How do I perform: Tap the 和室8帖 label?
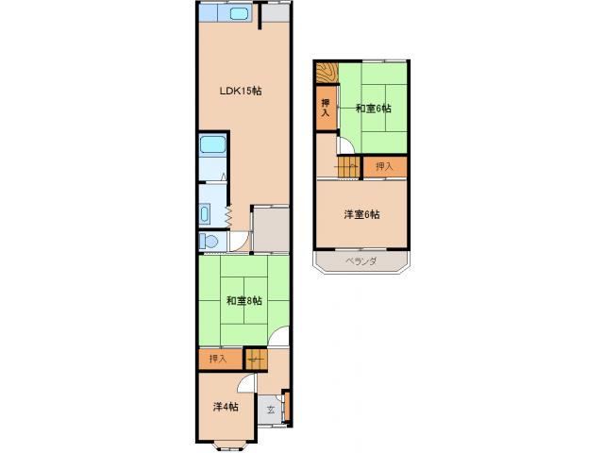click(x=243, y=301)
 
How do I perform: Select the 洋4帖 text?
click(x=225, y=407)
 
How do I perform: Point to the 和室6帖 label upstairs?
click(x=373, y=109)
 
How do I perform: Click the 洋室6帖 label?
click(x=361, y=215)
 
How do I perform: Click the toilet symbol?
click(x=210, y=242)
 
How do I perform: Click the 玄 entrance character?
click(x=271, y=409)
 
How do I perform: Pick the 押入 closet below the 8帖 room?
click(x=218, y=360)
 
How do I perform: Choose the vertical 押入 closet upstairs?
click(x=326, y=109)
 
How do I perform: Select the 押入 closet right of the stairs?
click(x=384, y=167)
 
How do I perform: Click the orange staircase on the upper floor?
click(x=346, y=168)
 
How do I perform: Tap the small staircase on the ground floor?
click(x=255, y=359)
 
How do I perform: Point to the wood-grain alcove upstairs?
click(x=327, y=73)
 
